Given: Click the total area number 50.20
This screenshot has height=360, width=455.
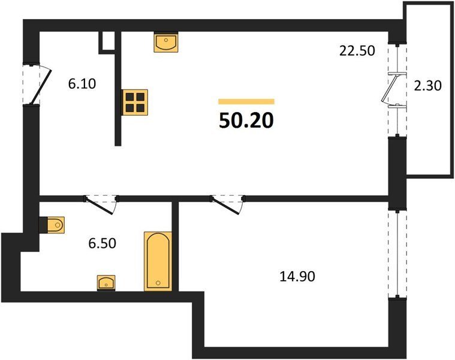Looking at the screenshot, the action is tap(246, 121).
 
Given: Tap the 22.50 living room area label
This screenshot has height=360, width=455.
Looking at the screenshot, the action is tap(357, 51).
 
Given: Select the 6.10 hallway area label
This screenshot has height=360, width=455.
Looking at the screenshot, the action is tap(82, 84).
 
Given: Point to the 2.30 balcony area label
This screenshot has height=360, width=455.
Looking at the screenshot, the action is tap(427, 86).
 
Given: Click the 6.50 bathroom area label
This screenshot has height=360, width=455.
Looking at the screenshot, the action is tap(103, 243).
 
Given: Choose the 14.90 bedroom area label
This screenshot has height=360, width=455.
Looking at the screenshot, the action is tap(297, 277).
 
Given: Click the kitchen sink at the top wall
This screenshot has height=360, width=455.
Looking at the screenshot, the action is tap(166, 43).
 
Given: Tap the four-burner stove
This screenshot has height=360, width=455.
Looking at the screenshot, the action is tap(135, 102).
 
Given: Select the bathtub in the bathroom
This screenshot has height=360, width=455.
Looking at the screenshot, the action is tap(158, 261).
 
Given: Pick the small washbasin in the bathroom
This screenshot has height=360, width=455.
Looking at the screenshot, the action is tap(106, 283).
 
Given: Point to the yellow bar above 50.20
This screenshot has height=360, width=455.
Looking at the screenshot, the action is tap(246, 101).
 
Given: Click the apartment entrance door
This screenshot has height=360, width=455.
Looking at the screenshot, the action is tap(41, 86).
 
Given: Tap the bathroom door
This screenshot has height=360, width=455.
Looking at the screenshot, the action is tap(100, 205).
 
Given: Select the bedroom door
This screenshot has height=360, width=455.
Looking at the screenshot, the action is tap(227, 205).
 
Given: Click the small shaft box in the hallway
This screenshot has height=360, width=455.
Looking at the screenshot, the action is tap(107, 43).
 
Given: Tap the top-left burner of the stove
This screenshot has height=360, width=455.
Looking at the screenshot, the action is tap(129, 97).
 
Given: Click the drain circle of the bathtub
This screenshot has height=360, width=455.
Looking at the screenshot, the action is tap(158, 283).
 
